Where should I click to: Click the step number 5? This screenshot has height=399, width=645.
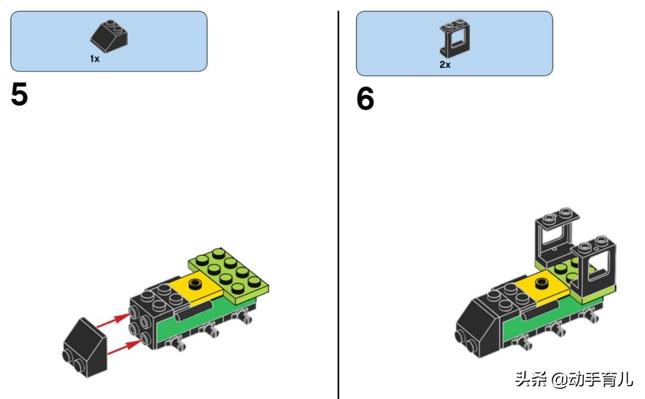pos(19,94)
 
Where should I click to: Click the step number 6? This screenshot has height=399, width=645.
pos(365,98)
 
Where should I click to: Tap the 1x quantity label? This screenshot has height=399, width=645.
pos(94,59)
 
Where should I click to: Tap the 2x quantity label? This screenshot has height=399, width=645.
pos(445,64)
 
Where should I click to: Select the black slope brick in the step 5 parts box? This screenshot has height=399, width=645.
pos(109,36)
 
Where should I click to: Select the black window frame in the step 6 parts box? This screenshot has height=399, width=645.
pos(455,38)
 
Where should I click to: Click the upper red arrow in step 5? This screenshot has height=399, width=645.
pos(113,321)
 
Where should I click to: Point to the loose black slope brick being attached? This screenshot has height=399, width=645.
pos(85,348)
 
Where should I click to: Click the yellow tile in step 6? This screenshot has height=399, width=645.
pos(541,287)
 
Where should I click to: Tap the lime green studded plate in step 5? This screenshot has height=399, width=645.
pos(229,276)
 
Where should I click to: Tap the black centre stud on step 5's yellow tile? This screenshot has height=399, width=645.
pos(194,283)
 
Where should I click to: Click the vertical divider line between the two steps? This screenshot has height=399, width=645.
pos(338,205)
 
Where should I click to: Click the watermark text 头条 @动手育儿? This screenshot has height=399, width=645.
pos(574,379)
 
